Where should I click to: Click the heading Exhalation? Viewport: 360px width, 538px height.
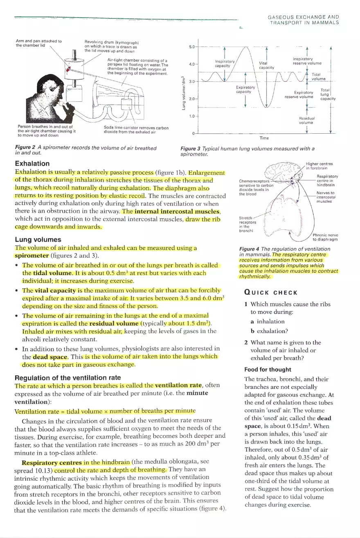coord(32,164)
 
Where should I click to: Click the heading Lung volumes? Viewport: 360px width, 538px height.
coord(38,240)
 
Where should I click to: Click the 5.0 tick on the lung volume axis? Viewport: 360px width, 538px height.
coord(191,47)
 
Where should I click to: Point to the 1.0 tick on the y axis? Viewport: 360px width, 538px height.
coord(191,117)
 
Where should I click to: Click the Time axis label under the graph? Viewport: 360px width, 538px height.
coord(264,138)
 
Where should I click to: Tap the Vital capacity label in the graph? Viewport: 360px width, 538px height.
coord(266,65)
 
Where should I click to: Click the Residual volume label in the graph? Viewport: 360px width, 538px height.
coord(306,120)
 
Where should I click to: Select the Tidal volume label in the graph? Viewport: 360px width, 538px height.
coord(319,77)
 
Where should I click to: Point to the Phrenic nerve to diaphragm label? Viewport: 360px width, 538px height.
coord(325,237)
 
